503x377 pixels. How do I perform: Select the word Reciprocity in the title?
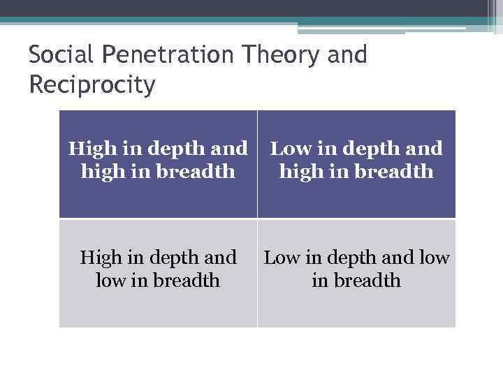pyautogui.click(x=92, y=86)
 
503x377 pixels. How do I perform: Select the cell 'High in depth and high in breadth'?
pyautogui.click(x=158, y=164)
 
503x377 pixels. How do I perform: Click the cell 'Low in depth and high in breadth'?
pyautogui.click(x=356, y=164)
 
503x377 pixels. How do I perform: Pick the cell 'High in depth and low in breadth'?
pyautogui.click(x=158, y=273)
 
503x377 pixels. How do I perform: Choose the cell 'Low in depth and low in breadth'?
pyautogui.click(x=356, y=273)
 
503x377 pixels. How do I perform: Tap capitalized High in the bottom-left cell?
pyautogui.click(x=101, y=258)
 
